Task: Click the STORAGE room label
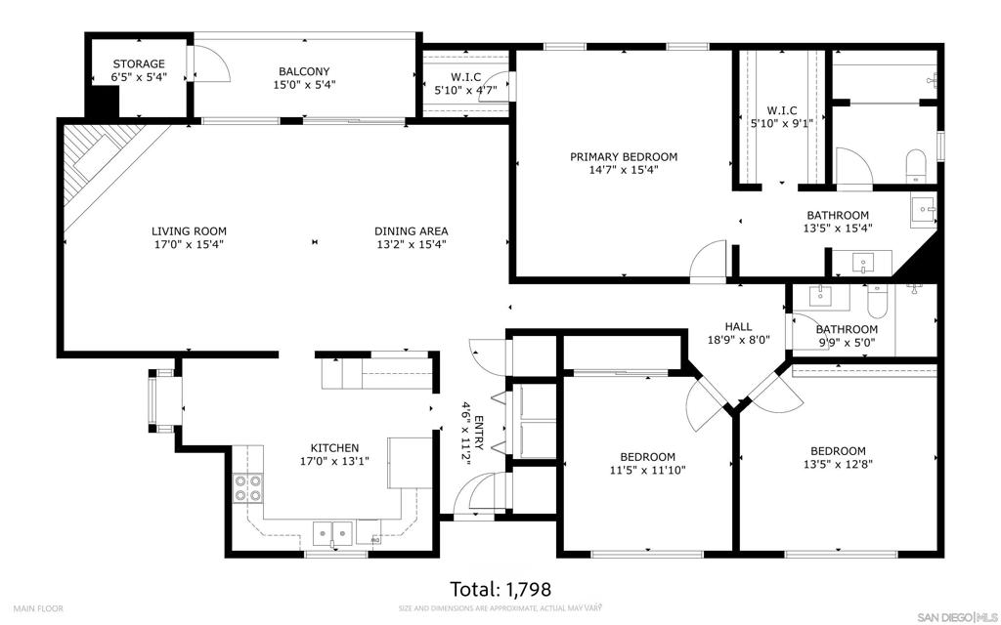139,63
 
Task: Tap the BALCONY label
304,71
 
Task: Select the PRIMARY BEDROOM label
624,157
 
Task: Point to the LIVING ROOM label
189,231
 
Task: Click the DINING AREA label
412,231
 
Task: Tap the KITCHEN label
334,448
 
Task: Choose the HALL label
738,326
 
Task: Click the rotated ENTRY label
479,434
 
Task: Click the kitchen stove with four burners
247,488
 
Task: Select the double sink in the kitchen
333,532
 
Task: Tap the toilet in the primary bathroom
915,166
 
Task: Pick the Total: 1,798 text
500,589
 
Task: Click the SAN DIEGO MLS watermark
957,617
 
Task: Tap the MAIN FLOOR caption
38,608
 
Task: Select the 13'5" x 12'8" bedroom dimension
838,465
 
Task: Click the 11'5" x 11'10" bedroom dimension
647,471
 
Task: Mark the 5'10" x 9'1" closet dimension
781,124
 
